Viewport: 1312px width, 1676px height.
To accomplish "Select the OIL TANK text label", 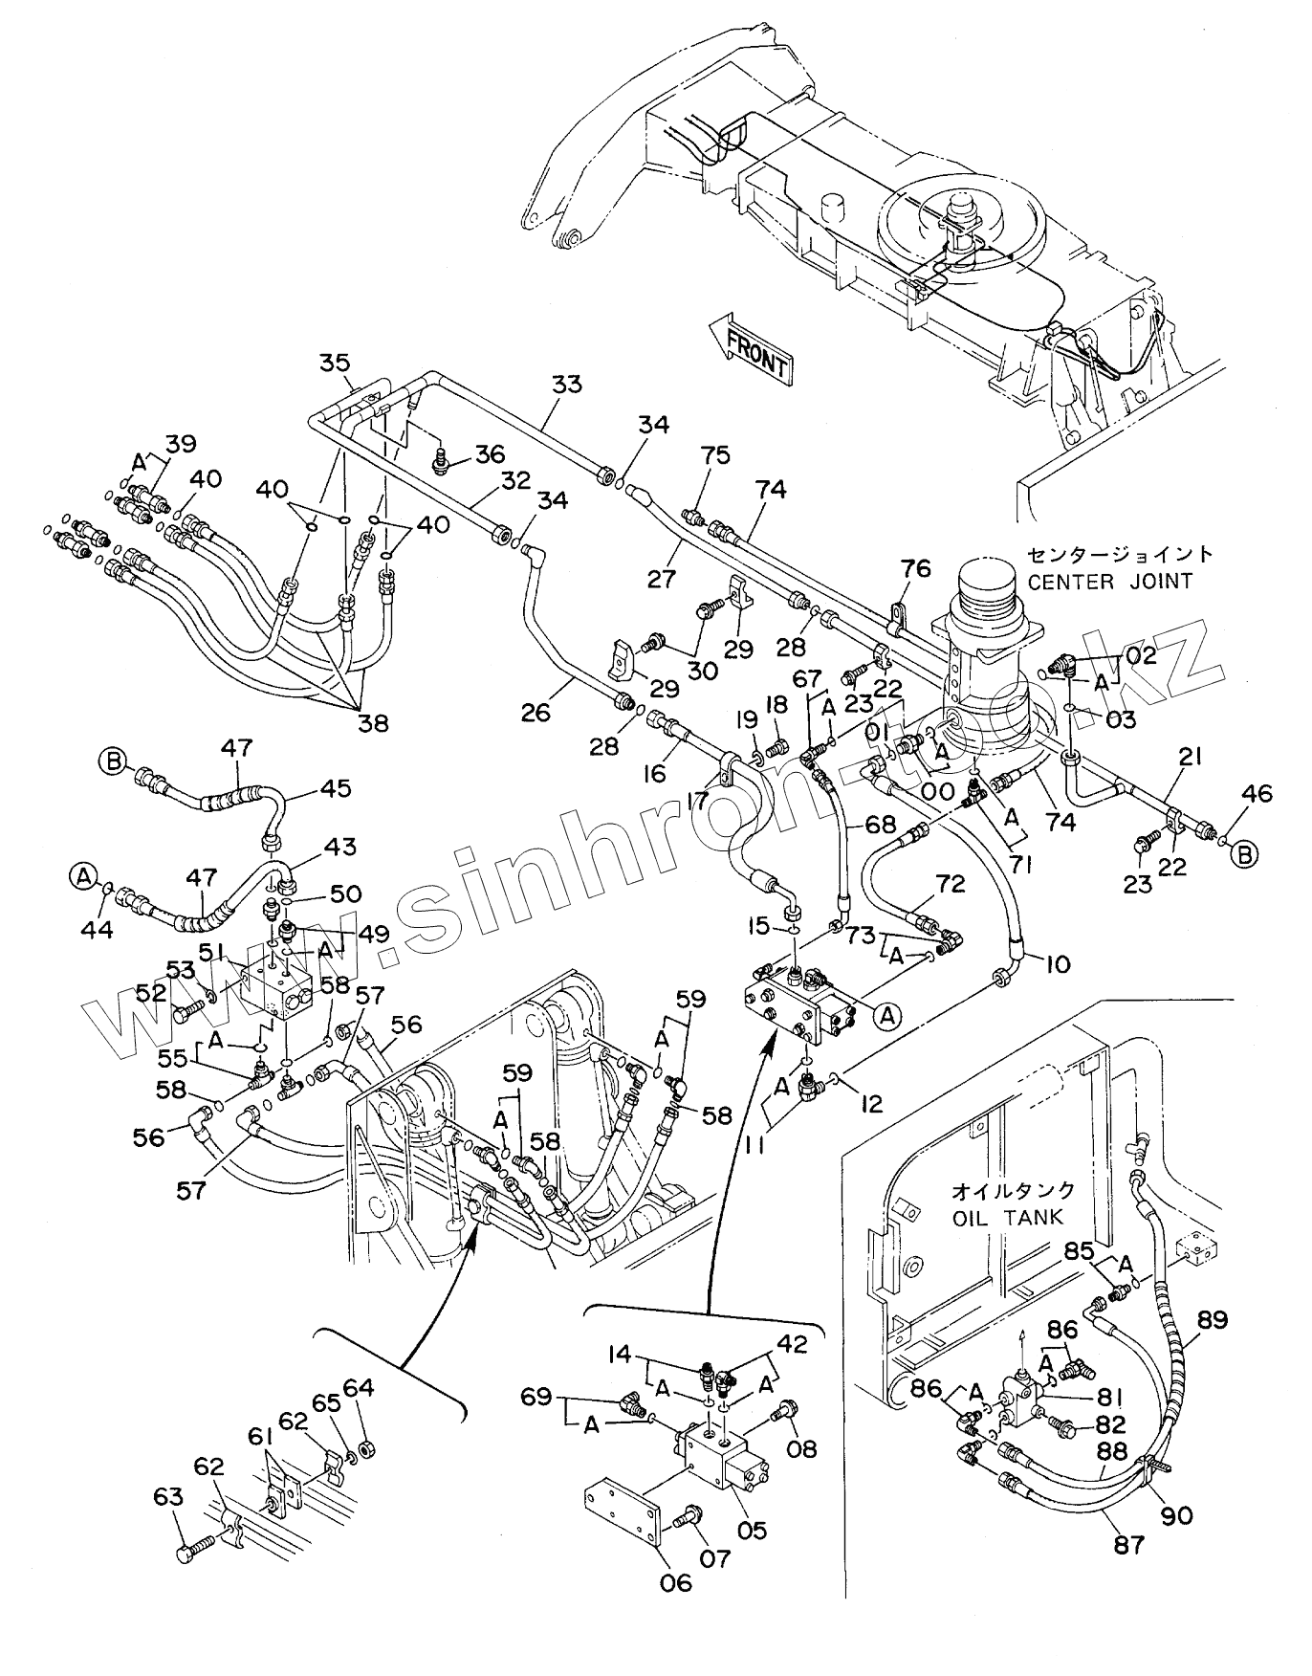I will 1012,1218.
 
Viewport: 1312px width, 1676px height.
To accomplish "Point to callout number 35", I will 336,363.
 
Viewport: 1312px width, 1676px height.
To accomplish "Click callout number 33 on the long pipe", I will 566,385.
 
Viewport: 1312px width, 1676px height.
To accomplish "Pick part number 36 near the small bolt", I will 491,454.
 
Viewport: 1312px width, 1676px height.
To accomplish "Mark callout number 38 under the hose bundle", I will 373,723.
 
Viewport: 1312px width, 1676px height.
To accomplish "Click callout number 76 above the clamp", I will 915,569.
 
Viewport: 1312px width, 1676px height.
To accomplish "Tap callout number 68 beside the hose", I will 880,823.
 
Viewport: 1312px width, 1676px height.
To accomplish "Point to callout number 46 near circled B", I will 1257,792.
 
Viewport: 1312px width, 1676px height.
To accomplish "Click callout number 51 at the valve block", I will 211,950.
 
